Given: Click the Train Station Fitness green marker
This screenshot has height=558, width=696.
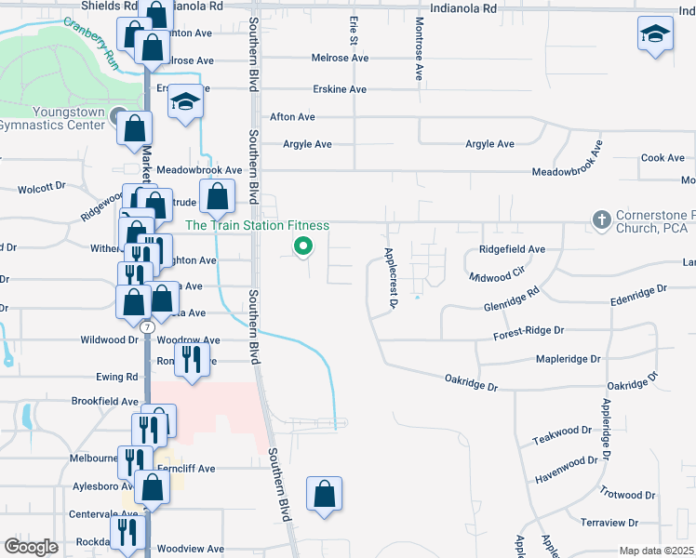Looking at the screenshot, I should pos(302,246).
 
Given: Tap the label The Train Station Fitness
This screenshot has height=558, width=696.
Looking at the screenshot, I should pos(257,225).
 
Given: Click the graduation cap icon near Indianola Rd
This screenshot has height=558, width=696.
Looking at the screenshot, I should pos(655,35).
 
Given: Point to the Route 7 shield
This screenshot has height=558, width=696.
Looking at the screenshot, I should pos(147,327).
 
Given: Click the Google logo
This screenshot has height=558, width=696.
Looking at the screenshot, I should pos(31,547).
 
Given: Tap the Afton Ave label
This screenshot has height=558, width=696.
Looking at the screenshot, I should pos(292,117).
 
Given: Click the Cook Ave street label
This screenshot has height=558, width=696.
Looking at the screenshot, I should pos(663,158).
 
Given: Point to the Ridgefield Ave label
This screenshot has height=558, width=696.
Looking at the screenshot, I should pos(512,249).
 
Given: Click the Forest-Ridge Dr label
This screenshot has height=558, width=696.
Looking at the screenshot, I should pos(529,330).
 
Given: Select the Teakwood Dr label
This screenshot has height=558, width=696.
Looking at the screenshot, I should pos(561,432).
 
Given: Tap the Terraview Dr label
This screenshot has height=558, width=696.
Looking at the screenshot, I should pos(608,524).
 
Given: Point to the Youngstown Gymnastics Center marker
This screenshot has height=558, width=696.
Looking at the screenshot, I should pos(117,116).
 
